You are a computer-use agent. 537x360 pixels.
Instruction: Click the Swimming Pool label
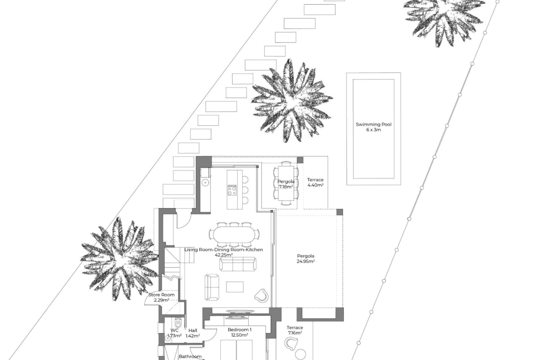[x=373, y=125]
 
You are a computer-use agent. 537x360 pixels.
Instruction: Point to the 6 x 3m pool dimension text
[x=373, y=130]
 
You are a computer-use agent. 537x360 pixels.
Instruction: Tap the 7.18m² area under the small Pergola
[x=285, y=187]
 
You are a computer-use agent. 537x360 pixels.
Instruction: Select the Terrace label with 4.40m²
[x=315, y=180]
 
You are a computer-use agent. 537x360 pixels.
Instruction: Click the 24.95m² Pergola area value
[x=306, y=261]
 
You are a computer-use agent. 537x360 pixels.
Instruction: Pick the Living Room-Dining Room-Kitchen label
[x=224, y=250]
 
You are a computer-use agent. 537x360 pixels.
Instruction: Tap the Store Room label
[x=161, y=294]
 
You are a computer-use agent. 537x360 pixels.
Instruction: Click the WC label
[x=175, y=331]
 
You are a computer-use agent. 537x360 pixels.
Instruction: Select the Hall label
[x=192, y=331]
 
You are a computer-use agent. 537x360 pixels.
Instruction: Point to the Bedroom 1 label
[x=240, y=330]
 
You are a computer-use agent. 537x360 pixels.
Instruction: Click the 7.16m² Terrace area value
[x=295, y=333]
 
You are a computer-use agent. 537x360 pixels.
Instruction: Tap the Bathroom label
[x=190, y=357]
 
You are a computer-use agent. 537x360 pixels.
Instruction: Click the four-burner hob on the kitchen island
[x=232, y=190]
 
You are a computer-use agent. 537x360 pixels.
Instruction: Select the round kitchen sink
[x=206, y=183]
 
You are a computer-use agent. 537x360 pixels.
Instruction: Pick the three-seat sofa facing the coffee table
[x=237, y=264]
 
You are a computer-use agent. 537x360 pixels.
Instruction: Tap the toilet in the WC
[x=178, y=322]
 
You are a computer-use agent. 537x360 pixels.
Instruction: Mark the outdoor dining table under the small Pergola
[x=285, y=184]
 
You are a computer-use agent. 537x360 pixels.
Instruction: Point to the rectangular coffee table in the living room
[x=235, y=287]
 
